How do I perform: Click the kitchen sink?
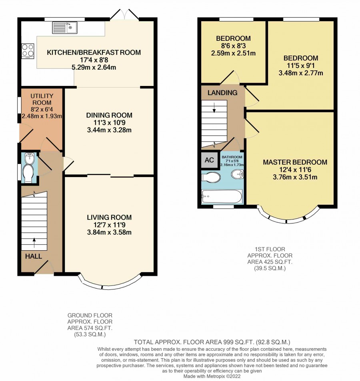click(65, 28)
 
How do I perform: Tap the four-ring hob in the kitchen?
click(28, 51)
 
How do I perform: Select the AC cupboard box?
click(209, 160)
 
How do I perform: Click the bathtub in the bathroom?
click(222, 197)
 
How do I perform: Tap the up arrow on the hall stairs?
click(34, 243)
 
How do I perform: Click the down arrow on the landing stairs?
click(214, 108)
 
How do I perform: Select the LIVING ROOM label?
click(109, 217)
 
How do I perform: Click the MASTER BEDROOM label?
click(295, 162)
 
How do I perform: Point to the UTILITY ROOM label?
click(42, 99)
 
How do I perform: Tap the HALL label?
click(34, 256)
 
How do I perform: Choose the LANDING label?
click(222, 93)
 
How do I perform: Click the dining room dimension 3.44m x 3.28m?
click(109, 130)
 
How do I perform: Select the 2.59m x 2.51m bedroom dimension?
click(233, 53)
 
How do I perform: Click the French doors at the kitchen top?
click(124, 14)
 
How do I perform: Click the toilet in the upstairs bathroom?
click(211, 177)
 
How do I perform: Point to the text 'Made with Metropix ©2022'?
click(212, 376)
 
